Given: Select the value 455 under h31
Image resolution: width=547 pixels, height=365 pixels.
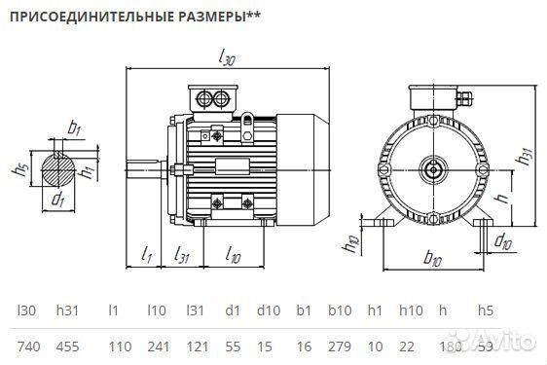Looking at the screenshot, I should click(x=70, y=346).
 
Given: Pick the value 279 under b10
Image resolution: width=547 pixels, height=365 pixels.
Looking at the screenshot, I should click(x=340, y=346).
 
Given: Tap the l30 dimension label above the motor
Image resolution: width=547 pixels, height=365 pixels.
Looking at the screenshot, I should click(x=226, y=59).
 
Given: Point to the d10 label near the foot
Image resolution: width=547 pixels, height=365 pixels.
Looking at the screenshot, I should click(x=503, y=239).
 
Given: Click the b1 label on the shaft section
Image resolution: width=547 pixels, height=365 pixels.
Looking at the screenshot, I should click(x=74, y=128).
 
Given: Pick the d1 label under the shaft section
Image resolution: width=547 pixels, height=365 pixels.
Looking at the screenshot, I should click(x=57, y=201).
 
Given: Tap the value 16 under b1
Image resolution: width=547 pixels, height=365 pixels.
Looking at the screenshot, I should click(x=304, y=346).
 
